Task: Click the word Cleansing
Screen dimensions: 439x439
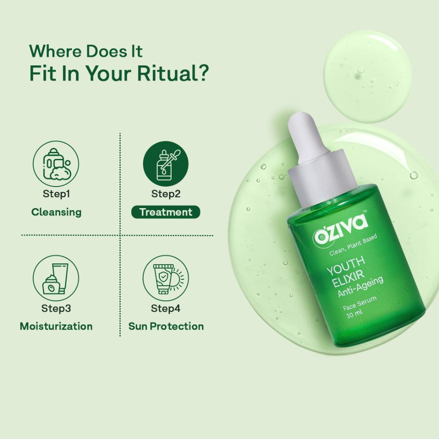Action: (x=56, y=212)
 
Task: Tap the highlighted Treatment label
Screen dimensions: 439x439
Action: (x=166, y=212)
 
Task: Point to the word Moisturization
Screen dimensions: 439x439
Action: (x=56, y=326)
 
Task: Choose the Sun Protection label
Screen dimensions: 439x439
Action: (x=166, y=326)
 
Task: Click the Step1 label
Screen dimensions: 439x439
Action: (x=56, y=194)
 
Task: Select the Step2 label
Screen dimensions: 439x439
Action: (x=166, y=194)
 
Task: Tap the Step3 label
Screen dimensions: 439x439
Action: (x=56, y=308)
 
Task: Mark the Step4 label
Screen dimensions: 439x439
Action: (x=166, y=308)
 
